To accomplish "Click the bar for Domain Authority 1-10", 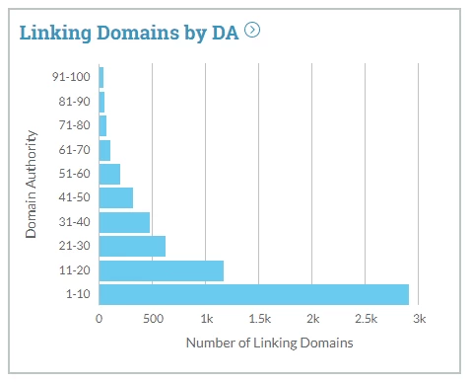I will click(253, 294).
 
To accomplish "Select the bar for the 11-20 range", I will click(162, 270).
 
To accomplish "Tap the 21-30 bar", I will click(132, 246).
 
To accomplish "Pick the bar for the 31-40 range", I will click(124, 222).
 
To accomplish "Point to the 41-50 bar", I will click(115, 197).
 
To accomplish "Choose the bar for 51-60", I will click(109, 174).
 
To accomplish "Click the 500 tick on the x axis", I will click(152, 320).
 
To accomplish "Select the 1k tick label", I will click(206, 320).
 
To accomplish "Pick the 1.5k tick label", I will click(259, 320).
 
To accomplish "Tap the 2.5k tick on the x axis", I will click(366, 320).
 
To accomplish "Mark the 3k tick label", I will click(419, 320).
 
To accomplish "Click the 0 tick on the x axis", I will click(100, 320).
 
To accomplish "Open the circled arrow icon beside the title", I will click(253, 30).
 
